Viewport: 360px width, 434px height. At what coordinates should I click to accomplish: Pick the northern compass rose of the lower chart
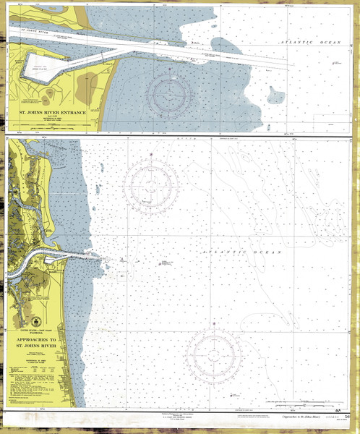(150, 186)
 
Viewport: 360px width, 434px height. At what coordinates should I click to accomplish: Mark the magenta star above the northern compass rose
(150, 154)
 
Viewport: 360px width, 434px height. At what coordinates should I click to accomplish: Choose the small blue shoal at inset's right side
(275, 95)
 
